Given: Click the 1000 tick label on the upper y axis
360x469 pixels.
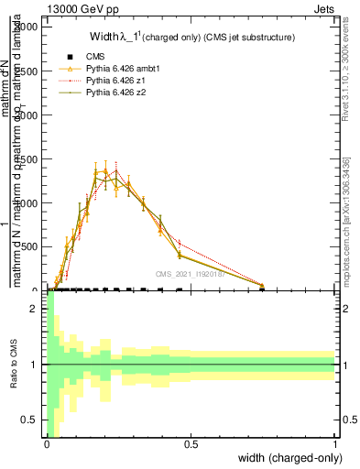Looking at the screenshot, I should (29, 203).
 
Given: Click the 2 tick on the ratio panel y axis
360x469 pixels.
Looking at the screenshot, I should (38, 309).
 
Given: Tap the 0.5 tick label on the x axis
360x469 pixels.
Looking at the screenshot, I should (191, 444).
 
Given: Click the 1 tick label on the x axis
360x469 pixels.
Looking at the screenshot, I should (334, 444).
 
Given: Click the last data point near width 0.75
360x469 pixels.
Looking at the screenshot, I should (263, 286).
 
